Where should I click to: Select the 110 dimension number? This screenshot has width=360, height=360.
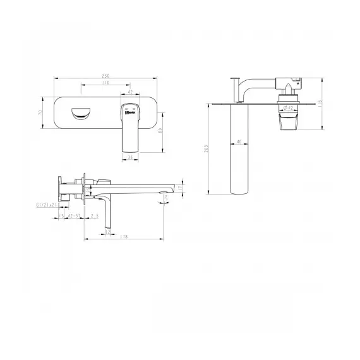104,83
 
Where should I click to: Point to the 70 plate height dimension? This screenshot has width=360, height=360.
41,112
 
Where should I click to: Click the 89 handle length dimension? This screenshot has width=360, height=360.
163,131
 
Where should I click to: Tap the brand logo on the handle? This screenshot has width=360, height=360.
131,114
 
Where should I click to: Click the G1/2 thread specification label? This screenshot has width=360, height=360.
47,205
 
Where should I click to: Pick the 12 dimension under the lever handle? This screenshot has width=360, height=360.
107,232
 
